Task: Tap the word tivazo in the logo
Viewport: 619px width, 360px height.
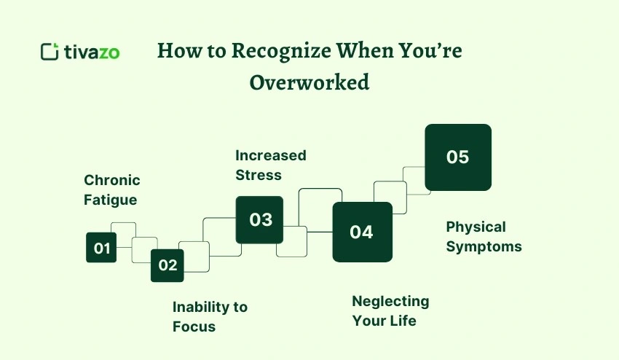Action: point(92,52)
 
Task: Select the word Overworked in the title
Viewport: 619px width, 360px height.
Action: point(309,82)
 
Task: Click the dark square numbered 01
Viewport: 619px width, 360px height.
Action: point(101,248)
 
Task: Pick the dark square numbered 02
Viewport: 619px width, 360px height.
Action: point(167,265)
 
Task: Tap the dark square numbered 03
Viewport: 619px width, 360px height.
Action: point(260,219)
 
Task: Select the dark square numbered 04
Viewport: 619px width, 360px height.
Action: point(362,232)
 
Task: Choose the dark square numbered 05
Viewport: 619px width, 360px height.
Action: point(458,157)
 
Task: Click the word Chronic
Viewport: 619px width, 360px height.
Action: point(112,180)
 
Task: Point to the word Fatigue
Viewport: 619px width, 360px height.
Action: point(110,199)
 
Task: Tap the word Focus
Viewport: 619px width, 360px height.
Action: point(194,326)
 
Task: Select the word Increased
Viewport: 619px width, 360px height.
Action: point(271,155)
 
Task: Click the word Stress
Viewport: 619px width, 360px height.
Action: point(259,175)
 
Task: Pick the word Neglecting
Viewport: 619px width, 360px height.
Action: point(390,301)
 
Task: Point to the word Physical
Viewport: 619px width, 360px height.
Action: point(476,227)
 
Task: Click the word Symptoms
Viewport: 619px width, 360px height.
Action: point(484,246)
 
